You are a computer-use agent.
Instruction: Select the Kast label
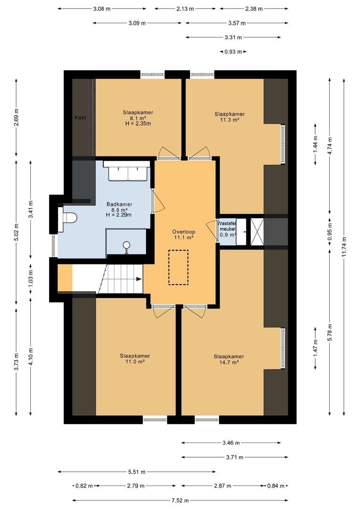(80, 117)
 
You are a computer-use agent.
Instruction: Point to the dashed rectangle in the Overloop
(178, 267)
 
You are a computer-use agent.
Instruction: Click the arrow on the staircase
(139, 279)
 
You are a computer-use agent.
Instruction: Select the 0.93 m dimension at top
(233, 52)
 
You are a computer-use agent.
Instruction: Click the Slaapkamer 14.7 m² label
(229, 359)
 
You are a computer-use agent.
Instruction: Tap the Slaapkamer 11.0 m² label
(135, 359)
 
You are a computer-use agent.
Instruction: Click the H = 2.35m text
(138, 124)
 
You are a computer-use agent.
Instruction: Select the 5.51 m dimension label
(136, 471)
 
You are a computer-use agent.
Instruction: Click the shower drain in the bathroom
(126, 245)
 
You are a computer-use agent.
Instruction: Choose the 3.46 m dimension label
(230, 443)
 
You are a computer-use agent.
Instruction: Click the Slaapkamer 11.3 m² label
(229, 117)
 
